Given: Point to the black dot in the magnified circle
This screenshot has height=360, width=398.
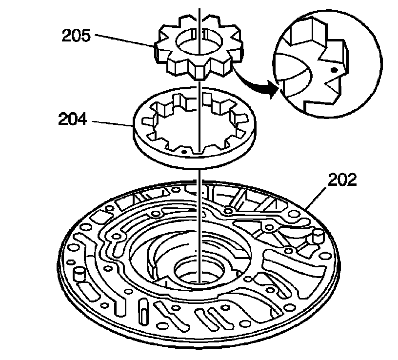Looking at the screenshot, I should tap(334, 70).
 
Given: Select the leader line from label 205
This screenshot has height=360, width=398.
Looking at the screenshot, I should tap(124, 40).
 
